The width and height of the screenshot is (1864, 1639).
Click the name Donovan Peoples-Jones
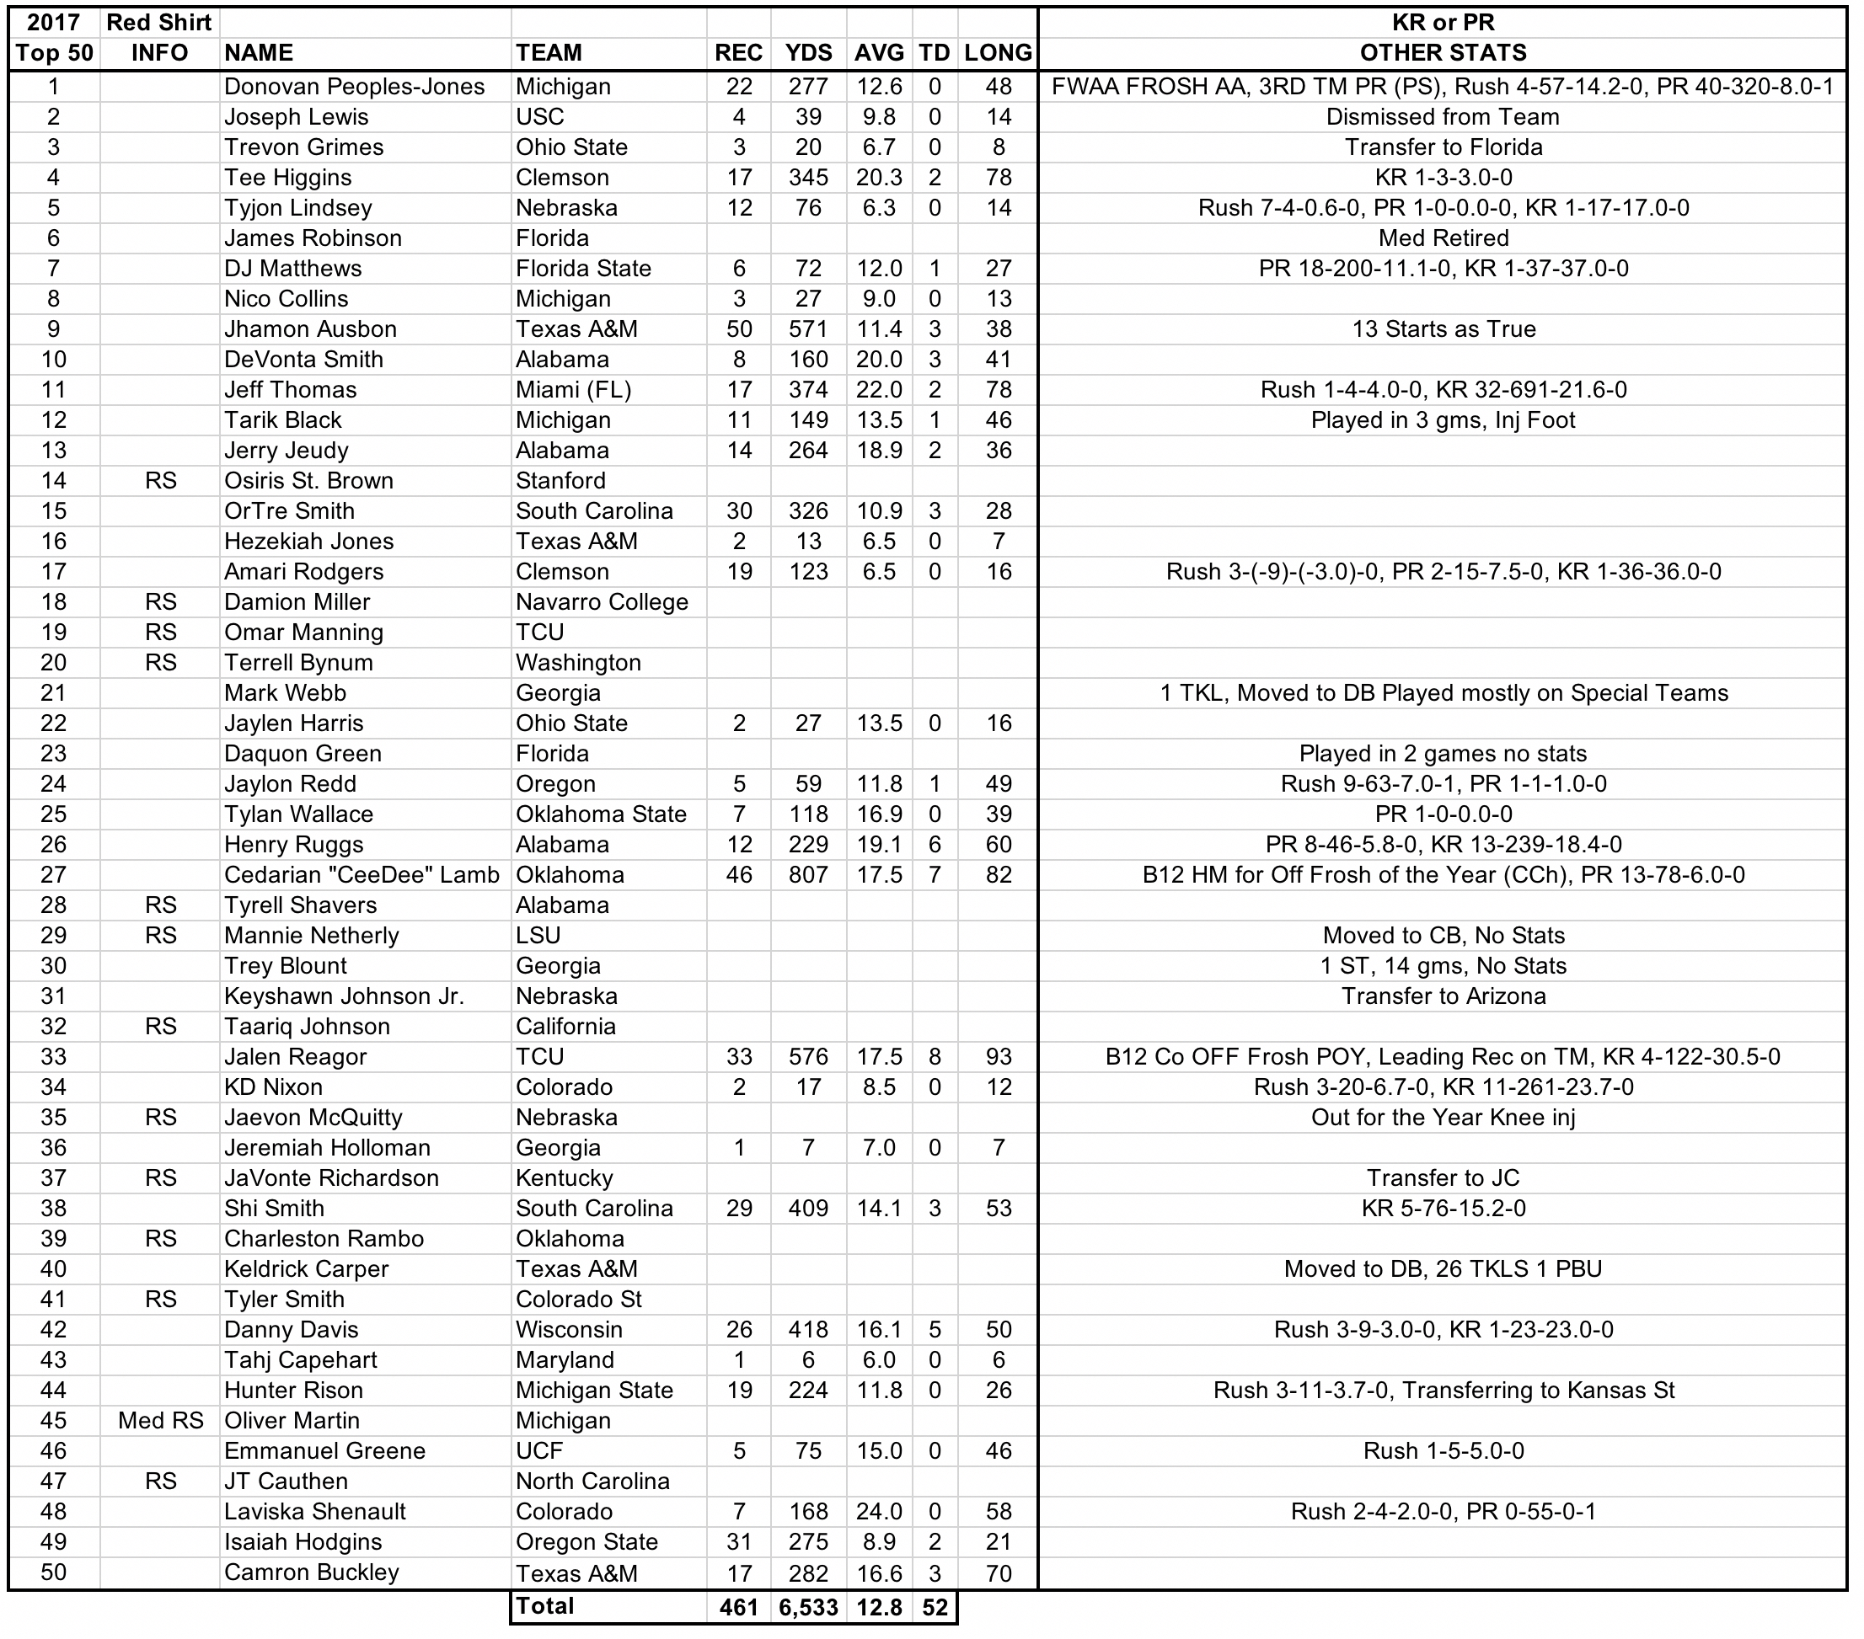[x=354, y=87]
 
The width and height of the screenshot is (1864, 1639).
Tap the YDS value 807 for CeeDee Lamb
[x=808, y=875]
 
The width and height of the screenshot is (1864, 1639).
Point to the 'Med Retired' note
[x=1443, y=238]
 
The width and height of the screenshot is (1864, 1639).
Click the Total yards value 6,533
[x=808, y=1607]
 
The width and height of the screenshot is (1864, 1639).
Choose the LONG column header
[x=998, y=53]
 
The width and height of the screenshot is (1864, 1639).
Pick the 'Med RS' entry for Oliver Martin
[x=160, y=1420]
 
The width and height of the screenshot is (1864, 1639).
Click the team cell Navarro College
[x=601, y=601]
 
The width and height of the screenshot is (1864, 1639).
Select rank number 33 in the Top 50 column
[x=54, y=1056]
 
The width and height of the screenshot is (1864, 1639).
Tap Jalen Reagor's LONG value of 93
[x=999, y=1056]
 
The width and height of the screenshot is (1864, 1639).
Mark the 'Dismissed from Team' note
[x=1443, y=117]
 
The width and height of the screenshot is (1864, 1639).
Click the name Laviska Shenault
[x=314, y=1511]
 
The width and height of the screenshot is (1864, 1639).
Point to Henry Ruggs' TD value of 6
[x=934, y=844]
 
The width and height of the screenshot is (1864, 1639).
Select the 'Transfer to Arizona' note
[x=1443, y=996]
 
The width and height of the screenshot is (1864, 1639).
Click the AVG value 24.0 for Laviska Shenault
[x=878, y=1511]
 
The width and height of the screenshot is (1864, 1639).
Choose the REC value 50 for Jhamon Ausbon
[x=739, y=329]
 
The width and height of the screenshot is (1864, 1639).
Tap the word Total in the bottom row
[x=544, y=1606]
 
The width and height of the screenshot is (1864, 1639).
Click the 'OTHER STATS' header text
[x=1443, y=53]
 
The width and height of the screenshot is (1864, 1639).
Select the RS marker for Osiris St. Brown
[x=160, y=480]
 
